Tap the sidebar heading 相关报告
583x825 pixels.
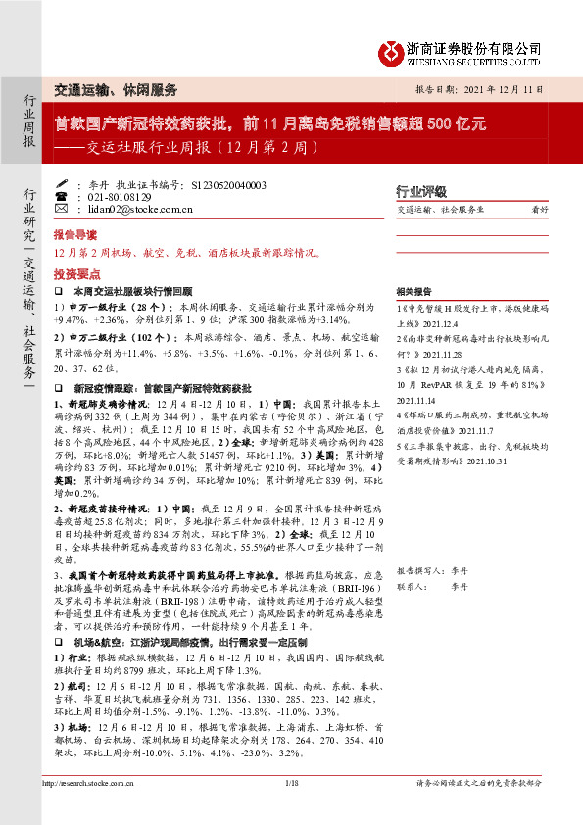coord(413,292)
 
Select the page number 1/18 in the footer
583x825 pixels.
coord(291,809)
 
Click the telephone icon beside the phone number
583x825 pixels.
coord(62,196)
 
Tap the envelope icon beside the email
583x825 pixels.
coord(62,209)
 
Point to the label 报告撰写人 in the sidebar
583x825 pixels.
coord(419,569)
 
